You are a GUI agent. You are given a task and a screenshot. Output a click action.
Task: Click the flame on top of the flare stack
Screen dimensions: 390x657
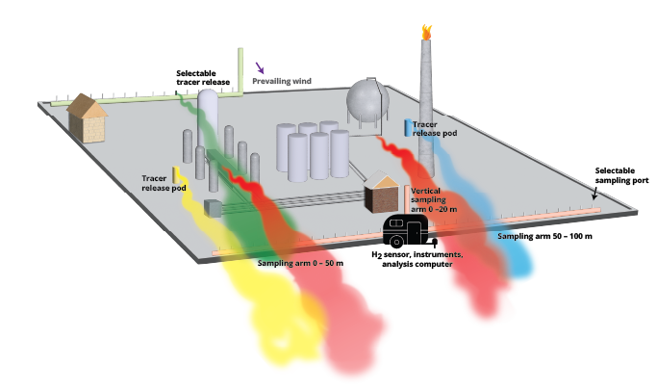pos(426,32)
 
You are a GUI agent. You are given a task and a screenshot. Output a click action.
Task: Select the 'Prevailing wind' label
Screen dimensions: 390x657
pos(289,82)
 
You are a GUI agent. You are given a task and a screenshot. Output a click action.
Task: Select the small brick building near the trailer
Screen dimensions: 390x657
pos(382,193)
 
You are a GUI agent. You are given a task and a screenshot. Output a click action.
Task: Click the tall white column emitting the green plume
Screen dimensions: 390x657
pos(211,125)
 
